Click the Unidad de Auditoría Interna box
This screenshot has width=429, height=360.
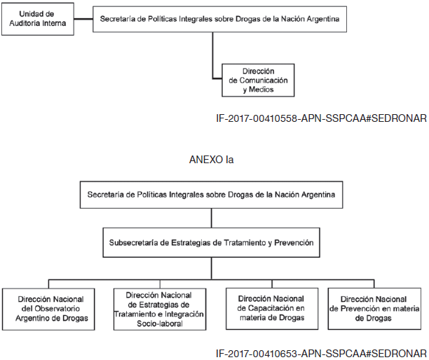38,19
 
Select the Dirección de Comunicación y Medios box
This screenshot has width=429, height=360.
258,80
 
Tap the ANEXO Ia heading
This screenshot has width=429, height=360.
211,160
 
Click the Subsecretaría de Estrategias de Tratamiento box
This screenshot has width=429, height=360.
211,242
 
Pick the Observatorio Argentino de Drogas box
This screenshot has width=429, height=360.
48,309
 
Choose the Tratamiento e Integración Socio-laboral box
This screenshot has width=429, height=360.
160,309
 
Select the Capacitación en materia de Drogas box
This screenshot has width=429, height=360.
272,309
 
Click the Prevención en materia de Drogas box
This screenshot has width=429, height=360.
374,309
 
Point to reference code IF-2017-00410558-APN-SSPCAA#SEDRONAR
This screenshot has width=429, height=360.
321,118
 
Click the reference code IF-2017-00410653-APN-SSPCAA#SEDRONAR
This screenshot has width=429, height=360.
321,354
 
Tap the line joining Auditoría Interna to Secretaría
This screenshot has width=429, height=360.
83,19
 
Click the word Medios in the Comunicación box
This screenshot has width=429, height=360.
261,90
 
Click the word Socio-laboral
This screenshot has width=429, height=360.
160,324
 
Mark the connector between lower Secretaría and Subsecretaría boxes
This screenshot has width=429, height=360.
212,218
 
